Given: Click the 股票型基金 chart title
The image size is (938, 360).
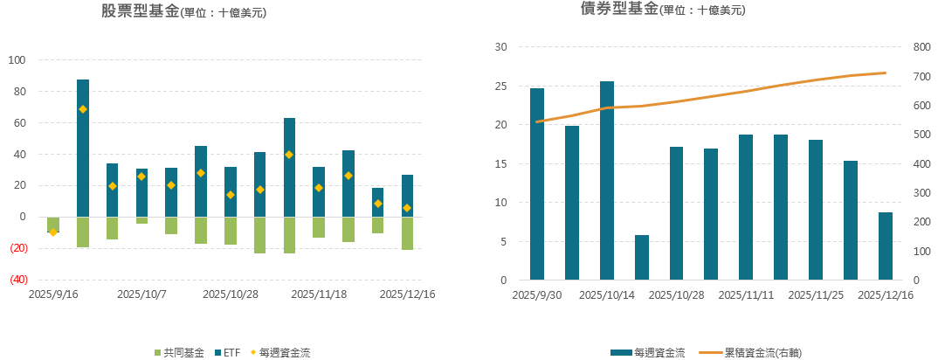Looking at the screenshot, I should (x=140, y=11).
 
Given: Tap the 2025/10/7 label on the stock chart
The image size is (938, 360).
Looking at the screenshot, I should (x=142, y=294).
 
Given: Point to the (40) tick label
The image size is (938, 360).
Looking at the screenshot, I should (x=17, y=280).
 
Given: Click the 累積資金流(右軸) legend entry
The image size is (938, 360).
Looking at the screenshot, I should (x=755, y=353).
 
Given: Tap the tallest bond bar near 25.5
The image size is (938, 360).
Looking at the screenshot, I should (x=607, y=181).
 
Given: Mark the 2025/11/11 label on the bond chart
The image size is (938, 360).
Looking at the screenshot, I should (x=746, y=295).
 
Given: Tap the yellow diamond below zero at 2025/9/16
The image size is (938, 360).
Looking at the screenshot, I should (x=53, y=232).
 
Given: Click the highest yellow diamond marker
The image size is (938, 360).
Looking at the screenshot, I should (x=83, y=109).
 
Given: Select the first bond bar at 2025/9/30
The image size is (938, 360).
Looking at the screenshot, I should (x=537, y=184).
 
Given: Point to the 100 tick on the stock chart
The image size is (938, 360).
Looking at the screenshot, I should (x=17, y=60).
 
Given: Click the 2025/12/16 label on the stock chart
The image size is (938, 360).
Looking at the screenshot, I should (x=407, y=294).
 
